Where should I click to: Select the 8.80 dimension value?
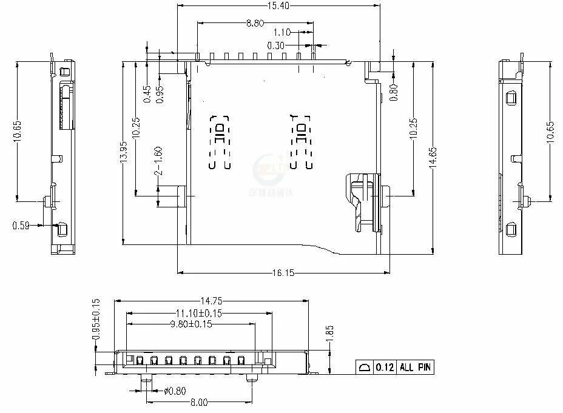pos(255,23)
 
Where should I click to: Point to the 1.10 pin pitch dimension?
pos(282,33)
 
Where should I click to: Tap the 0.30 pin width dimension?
pos(276,45)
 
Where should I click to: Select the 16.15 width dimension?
pos(283,274)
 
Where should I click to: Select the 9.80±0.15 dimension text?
pos(190,324)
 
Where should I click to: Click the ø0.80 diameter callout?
pos(174,391)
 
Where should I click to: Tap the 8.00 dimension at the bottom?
pos(198,402)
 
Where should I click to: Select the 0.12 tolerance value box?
pos(385,368)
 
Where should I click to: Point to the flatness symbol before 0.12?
pos(365,368)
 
